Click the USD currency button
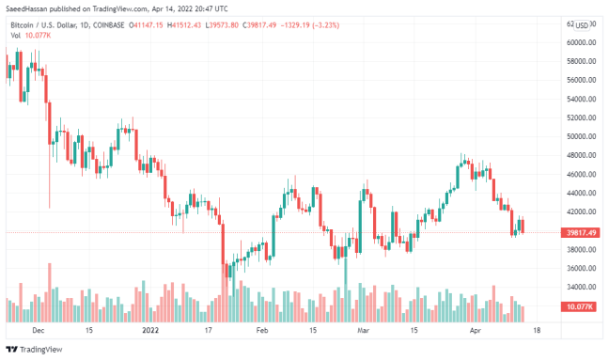[583, 24]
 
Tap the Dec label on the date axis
[38, 331]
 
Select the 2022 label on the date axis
[151, 331]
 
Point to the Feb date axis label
[262, 331]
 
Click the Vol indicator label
[16, 35]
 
